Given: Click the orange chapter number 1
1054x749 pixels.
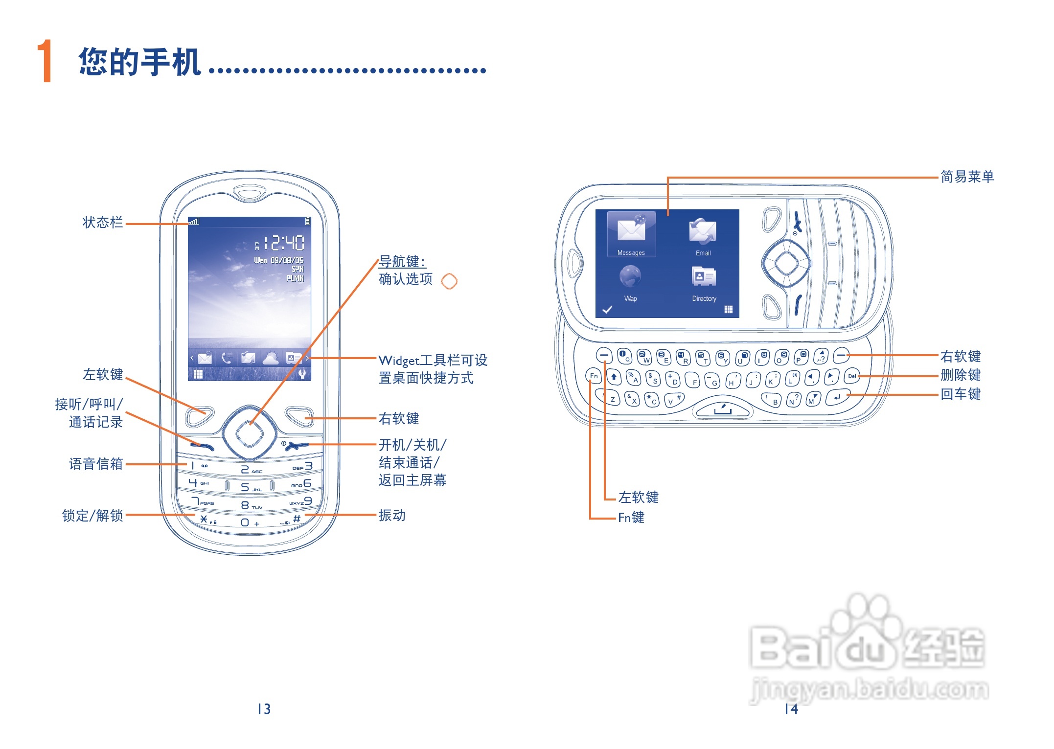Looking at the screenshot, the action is coord(45,61).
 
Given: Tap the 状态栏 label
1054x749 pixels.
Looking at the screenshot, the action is coord(103,223).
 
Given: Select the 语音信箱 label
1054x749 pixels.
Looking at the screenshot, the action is coord(96,464).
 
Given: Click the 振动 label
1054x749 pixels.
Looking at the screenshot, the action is coord(392,515).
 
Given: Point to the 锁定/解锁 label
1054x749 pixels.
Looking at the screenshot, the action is coord(92,516).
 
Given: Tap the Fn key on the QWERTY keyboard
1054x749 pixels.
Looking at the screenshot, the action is coord(594,376).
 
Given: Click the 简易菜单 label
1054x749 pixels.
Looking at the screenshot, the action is coord(967,177).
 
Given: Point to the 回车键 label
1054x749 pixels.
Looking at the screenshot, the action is coord(961,394).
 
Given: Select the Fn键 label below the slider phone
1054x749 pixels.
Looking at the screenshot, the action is coord(631,518).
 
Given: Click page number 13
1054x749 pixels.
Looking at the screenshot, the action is coord(264,709).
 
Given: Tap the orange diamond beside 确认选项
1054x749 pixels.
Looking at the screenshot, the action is coord(449,281).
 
